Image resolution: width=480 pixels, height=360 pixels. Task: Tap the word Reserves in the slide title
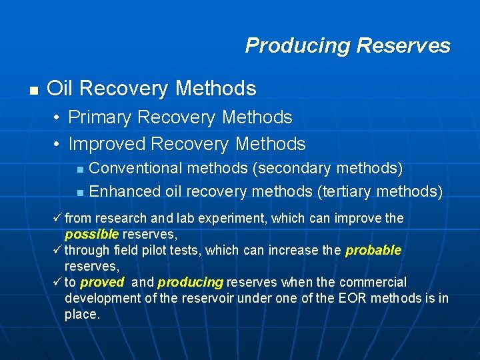403,45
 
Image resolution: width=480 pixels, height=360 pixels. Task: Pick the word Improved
107,144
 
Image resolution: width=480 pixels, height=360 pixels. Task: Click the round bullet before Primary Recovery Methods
58,118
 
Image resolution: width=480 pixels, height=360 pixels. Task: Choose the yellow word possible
91,235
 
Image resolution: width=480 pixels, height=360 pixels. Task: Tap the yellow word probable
373,251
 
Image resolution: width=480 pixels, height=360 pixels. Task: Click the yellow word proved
101,283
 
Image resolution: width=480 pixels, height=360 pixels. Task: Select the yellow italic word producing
190,283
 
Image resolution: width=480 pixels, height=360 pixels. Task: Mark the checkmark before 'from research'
58,218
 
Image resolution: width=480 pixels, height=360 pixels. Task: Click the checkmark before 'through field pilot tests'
58,250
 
